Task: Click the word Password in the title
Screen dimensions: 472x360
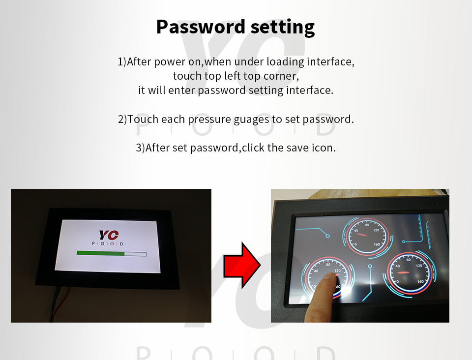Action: click(201, 27)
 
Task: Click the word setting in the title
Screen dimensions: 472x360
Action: click(283, 28)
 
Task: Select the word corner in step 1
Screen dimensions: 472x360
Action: click(281, 76)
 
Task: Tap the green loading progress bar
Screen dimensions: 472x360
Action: click(101, 253)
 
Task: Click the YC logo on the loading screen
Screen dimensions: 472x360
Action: click(109, 235)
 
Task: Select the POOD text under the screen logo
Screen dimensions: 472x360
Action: click(108, 243)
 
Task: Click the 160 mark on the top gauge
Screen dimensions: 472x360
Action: click(377, 244)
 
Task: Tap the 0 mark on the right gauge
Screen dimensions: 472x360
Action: click(398, 282)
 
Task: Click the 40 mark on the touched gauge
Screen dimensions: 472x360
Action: click(316, 271)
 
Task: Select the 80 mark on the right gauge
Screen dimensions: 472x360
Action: click(409, 260)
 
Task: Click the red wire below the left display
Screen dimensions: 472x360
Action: click(64, 297)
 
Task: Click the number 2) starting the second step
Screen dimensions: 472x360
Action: click(122, 120)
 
